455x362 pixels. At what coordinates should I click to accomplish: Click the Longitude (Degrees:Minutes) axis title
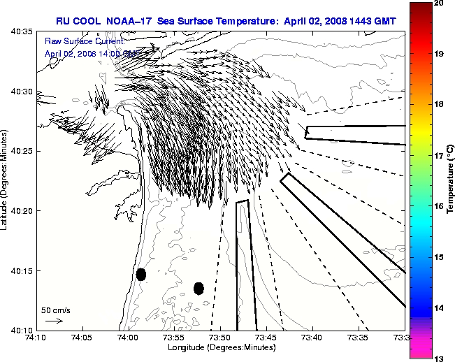click(222, 347)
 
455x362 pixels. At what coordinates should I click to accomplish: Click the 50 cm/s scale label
click(55, 310)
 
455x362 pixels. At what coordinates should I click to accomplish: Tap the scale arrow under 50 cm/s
click(54, 321)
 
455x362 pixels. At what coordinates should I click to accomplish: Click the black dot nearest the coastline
click(141, 275)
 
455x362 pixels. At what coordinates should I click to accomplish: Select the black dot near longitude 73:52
click(198, 288)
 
